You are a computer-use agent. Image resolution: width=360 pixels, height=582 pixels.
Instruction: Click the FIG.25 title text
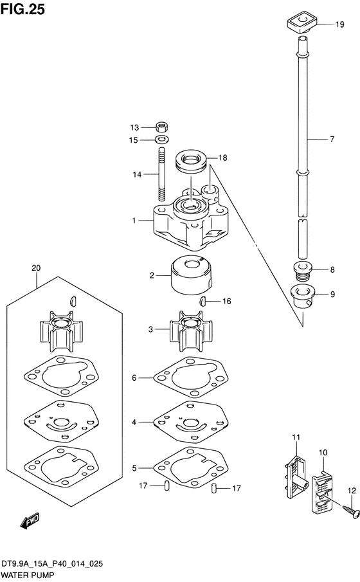coord(22,9)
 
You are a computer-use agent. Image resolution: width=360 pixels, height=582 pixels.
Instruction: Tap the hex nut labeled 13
coord(161,127)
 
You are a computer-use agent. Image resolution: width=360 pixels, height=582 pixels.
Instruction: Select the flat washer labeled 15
coord(161,140)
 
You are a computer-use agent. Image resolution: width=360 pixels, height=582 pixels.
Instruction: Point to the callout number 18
coord(222,158)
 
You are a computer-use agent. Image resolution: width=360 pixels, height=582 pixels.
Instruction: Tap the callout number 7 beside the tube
coord(332,139)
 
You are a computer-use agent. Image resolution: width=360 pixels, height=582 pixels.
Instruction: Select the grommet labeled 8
coord(302,270)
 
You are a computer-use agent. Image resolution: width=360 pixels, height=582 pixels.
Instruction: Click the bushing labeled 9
coord(303,296)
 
